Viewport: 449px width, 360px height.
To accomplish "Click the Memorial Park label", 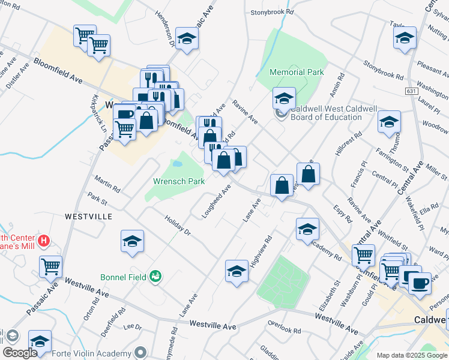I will (x=297, y=73).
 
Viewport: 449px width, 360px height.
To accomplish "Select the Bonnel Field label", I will (x=123, y=277).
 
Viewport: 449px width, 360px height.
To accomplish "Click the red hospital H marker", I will (x=43, y=241).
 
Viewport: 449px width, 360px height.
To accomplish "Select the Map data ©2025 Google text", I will (x=411, y=356).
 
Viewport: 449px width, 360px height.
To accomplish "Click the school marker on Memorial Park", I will (x=284, y=98).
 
